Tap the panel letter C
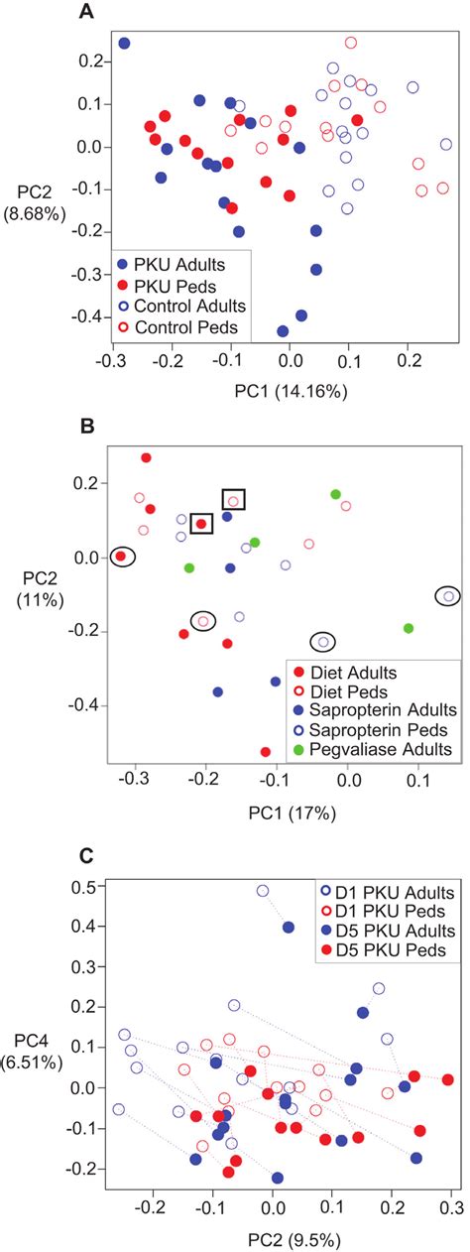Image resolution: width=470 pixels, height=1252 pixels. [88, 854]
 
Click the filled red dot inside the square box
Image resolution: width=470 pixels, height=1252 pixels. [201, 524]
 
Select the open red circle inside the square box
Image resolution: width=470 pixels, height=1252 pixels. [233, 500]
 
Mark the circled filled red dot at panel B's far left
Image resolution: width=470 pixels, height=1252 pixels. [121, 557]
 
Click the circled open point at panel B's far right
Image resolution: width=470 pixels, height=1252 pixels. [448, 596]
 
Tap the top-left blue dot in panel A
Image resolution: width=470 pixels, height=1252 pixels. [125, 44]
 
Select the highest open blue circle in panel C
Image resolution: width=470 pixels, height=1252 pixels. [263, 891]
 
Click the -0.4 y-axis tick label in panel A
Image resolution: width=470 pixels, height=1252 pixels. [76, 316]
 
